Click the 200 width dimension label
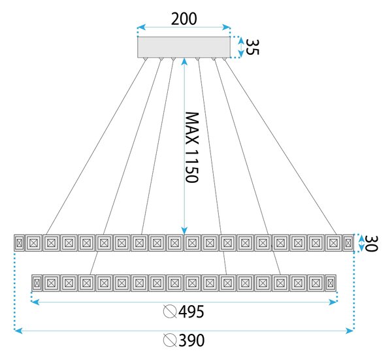tap(184, 19)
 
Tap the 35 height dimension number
tap(252, 47)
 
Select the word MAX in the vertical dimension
tap(192, 128)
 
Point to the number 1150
tap(192, 166)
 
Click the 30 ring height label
tap(371, 243)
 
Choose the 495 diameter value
tap(191, 312)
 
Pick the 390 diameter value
tap(191, 340)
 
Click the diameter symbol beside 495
tap(170, 312)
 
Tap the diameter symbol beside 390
tap(170, 340)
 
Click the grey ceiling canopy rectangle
tap(184, 47)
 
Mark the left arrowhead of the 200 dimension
tap(141, 27)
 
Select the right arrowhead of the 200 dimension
tap(226, 27)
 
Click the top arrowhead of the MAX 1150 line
tap(184, 62)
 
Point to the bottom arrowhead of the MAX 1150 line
tap(184, 231)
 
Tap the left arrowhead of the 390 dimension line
tap(18, 331)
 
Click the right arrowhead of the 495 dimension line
tap(333, 303)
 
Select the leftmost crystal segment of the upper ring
tap(19, 243)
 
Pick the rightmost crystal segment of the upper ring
tap(348, 243)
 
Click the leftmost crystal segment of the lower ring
tap(37, 283)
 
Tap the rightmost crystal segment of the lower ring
tap(331, 283)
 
